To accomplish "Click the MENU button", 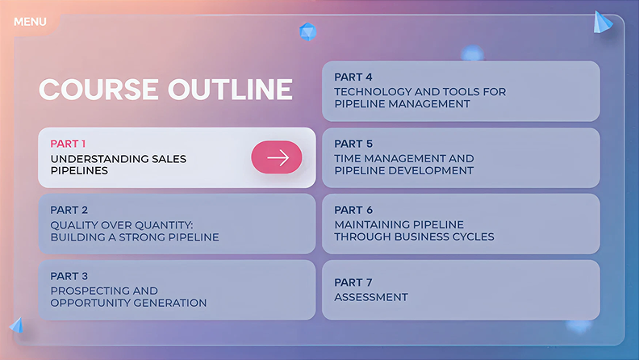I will (30, 22).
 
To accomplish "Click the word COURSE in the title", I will (98, 89).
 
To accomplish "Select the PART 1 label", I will (69, 144).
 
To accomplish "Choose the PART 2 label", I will (69, 210).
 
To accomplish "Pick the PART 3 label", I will (69, 276).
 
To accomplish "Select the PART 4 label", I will (353, 77).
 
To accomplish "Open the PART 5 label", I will (353, 144).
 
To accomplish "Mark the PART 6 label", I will (353, 210).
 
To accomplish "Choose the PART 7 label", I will (353, 283).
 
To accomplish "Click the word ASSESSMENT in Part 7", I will (371, 297).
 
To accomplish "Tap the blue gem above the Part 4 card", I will (307, 31).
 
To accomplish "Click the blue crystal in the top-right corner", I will (602, 23).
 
